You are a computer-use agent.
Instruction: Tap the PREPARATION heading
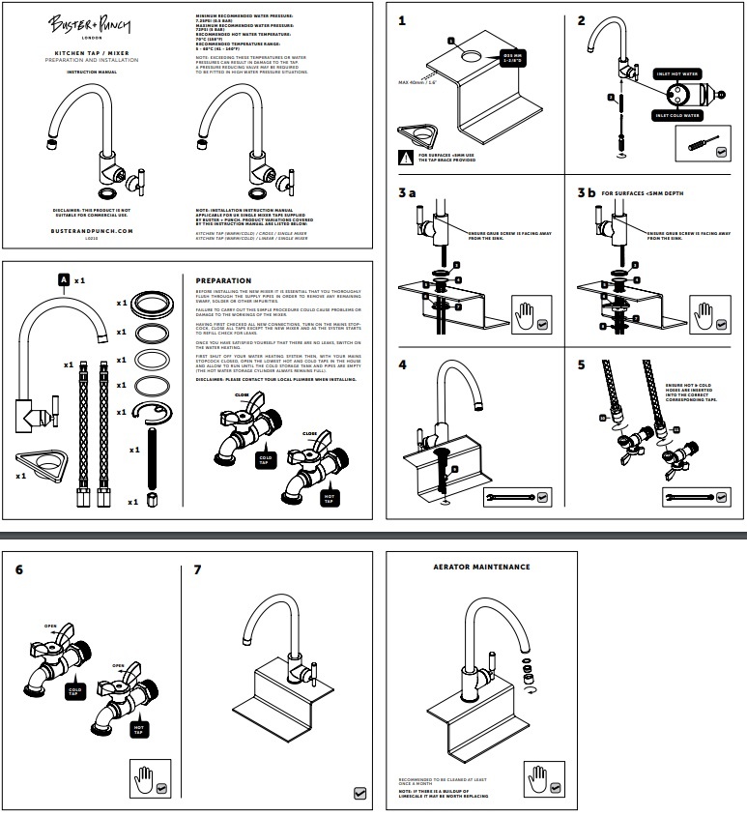pyautogui.click(x=223, y=281)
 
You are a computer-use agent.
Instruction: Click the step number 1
pyautogui.click(x=401, y=18)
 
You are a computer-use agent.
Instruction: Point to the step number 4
pyautogui.click(x=403, y=365)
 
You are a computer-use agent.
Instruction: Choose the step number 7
pyautogui.click(x=198, y=569)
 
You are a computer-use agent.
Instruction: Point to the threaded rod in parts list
pyautogui.click(x=155, y=463)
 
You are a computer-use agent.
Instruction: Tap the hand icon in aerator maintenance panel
pyautogui.click(x=537, y=777)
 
